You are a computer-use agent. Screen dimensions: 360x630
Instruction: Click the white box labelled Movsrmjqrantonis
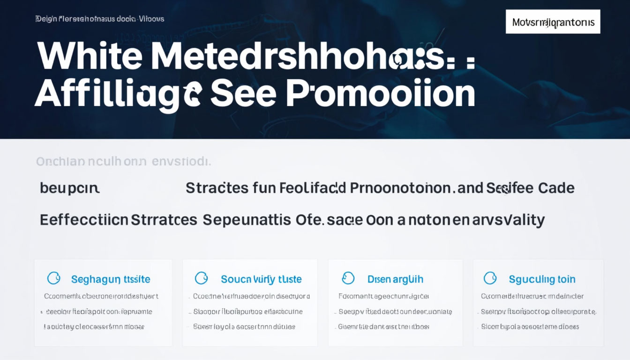(x=553, y=22)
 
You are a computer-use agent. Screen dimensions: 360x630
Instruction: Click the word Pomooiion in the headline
(x=380, y=93)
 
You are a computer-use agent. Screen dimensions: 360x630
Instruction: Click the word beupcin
(x=69, y=188)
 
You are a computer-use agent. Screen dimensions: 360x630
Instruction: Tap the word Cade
(x=556, y=188)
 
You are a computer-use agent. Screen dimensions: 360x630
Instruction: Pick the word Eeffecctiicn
(x=84, y=219)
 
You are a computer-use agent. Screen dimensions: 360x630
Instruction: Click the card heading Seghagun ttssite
(x=111, y=279)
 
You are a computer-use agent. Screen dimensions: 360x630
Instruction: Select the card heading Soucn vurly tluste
(x=261, y=279)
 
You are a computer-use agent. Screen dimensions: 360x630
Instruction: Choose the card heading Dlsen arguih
(x=395, y=279)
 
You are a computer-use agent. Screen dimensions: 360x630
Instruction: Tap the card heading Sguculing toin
(x=542, y=279)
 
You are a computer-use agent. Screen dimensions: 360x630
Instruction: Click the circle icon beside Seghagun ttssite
(x=54, y=278)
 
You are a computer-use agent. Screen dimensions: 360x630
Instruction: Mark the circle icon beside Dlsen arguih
(x=348, y=278)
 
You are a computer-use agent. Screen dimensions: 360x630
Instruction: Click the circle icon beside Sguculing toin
(x=490, y=278)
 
